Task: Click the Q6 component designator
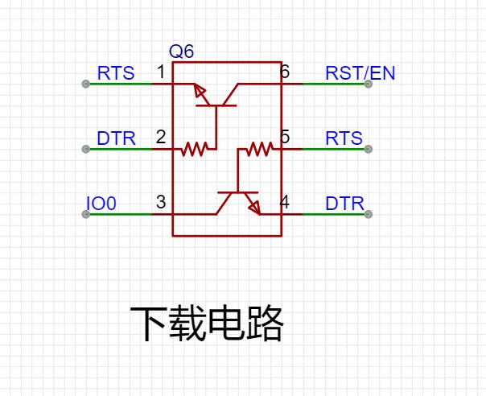(181, 52)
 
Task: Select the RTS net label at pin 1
(116, 73)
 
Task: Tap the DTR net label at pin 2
(116, 138)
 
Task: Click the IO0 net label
(101, 204)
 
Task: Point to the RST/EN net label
(360, 73)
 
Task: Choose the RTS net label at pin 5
(344, 138)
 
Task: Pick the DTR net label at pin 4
(344, 204)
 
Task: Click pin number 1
(161, 72)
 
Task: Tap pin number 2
(161, 137)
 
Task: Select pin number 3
(161, 202)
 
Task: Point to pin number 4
(285, 202)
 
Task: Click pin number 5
(285, 137)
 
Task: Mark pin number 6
(285, 72)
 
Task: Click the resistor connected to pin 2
(195, 149)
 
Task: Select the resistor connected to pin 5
(260, 149)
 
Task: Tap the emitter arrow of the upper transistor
(200, 90)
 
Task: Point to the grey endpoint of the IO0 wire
(86, 214)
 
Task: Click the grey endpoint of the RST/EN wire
(368, 84)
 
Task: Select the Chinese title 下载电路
(207, 323)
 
